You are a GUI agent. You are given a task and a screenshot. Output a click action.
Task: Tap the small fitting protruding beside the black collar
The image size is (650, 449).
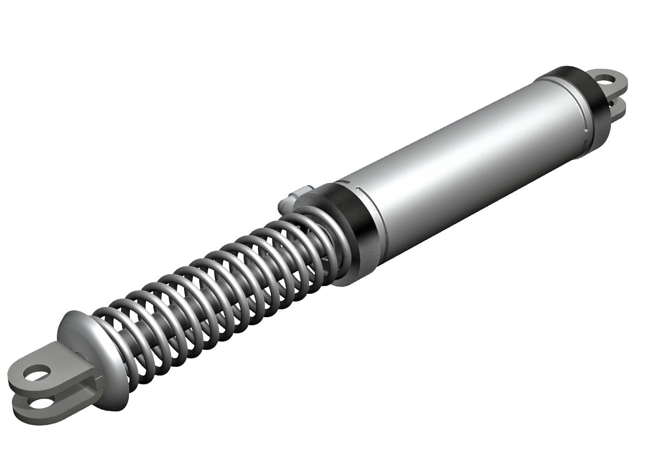[x=294, y=195]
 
